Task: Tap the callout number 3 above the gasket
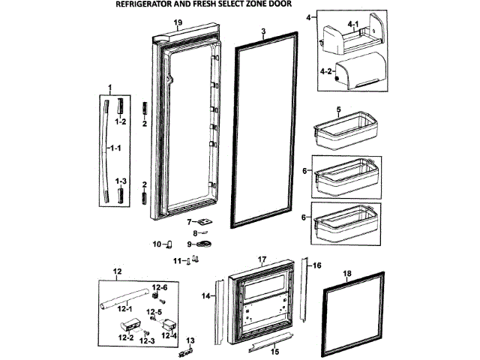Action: point(263,31)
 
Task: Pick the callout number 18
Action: point(346,275)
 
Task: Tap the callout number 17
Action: point(262,259)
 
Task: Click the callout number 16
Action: point(316,265)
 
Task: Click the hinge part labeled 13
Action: point(190,346)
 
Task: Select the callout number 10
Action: point(157,244)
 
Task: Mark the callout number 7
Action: point(190,221)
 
